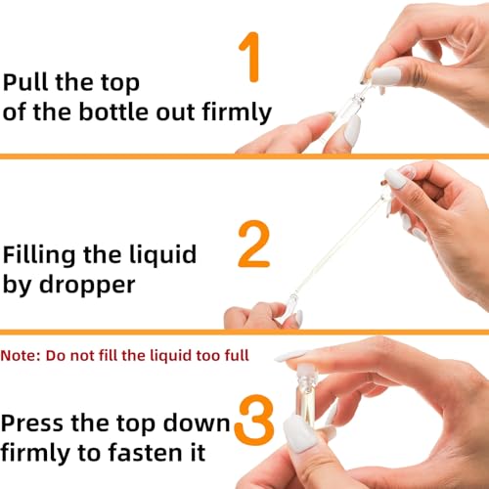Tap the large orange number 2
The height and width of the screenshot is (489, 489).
click(x=253, y=245)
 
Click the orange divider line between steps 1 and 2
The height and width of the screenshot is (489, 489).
click(x=244, y=156)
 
